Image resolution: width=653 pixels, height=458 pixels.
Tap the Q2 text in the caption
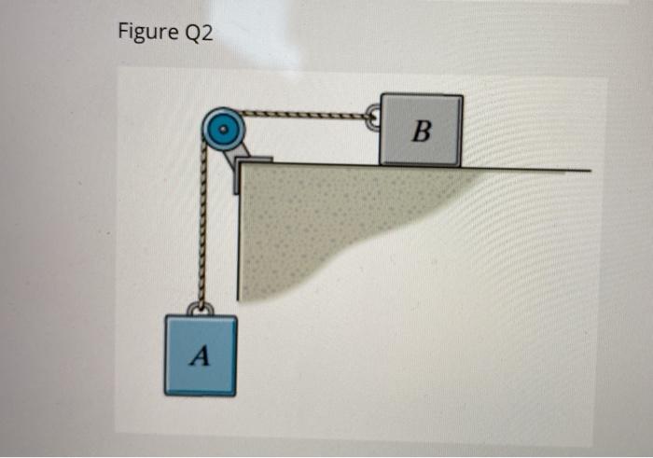coord(197,34)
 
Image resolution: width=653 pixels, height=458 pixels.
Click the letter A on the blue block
coord(198,354)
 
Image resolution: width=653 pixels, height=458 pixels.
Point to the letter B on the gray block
coord(421,132)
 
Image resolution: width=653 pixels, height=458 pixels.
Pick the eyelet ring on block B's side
coord(373,118)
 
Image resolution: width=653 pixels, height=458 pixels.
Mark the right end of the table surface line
coord(590,171)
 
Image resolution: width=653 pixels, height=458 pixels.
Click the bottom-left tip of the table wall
coord(241,299)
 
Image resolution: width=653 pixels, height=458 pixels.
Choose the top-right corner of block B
coord(462,96)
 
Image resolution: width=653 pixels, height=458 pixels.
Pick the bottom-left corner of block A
coord(166,393)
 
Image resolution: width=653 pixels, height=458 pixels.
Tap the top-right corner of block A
coord(236,316)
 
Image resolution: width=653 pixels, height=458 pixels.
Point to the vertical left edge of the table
coord(240,233)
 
